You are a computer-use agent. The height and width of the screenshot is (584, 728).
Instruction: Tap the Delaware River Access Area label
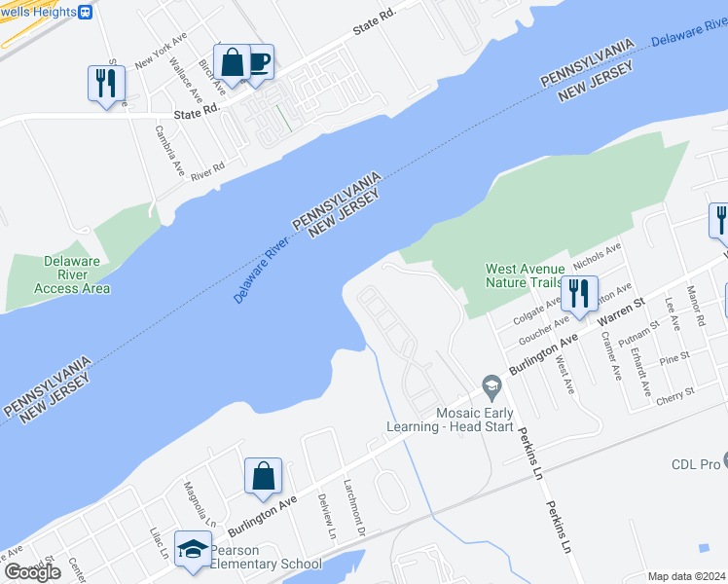[x=71, y=274]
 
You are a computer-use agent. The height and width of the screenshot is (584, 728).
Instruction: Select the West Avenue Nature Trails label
[x=525, y=275]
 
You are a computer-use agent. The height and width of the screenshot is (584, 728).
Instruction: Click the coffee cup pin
[x=258, y=62]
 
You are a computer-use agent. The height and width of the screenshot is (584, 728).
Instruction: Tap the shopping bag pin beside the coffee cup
[x=233, y=64]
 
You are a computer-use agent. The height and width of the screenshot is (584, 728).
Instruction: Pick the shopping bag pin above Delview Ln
[x=263, y=477]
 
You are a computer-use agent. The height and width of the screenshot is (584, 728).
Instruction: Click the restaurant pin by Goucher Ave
[x=579, y=294]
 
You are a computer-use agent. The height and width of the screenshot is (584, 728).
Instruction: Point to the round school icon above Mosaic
[x=492, y=388]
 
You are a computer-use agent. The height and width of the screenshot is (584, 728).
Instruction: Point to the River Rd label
[x=207, y=171]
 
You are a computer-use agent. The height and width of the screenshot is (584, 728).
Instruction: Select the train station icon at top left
[x=85, y=12]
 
